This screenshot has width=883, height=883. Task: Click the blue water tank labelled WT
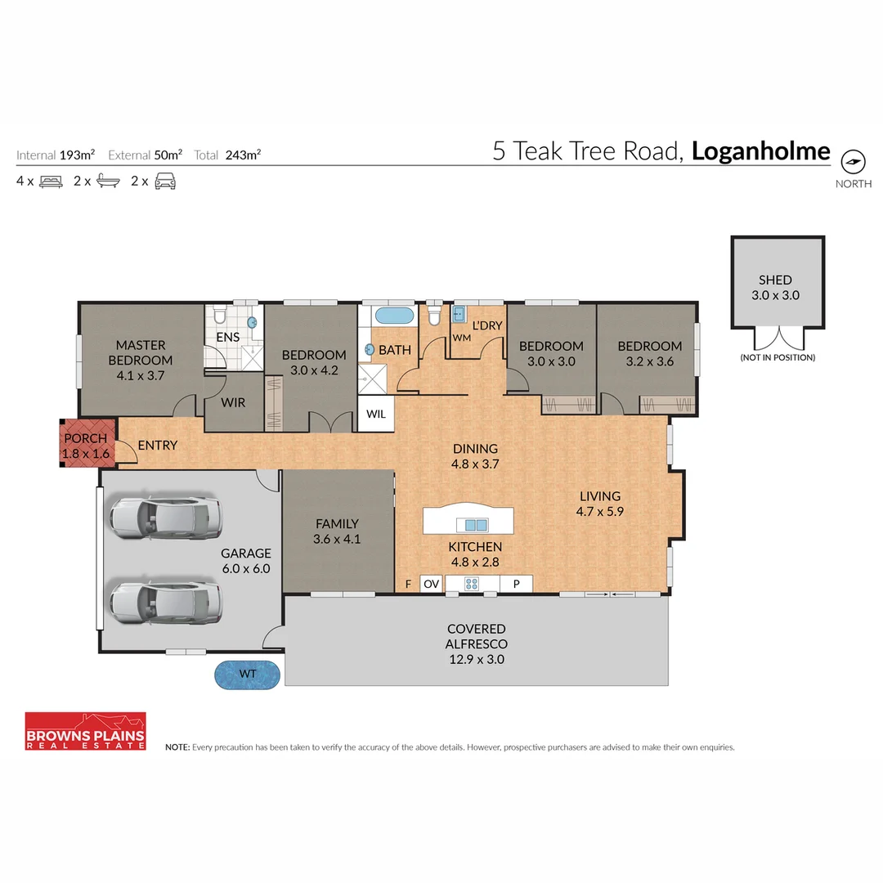coord(248,675)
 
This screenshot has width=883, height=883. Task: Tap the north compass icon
coord(853,161)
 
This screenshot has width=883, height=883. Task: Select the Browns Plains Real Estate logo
coord(85,731)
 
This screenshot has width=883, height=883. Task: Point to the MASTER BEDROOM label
coord(140,352)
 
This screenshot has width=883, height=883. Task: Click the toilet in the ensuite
coord(218,315)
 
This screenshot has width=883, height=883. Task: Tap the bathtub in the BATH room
coord(394,316)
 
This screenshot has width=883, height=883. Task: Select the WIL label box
coord(376,414)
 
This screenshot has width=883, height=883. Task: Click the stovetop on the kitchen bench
coord(472,584)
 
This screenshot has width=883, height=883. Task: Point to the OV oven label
coord(431,584)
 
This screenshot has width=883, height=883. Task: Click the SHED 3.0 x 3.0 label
coord(775,288)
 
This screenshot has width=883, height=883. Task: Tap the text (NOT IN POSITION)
coord(778,357)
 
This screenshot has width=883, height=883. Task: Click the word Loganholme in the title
coord(760,152)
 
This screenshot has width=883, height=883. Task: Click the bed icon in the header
coord(52,182)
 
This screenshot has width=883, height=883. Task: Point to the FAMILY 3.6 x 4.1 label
coord(336,531)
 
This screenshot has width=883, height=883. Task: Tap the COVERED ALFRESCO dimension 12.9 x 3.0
coord(476,658)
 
